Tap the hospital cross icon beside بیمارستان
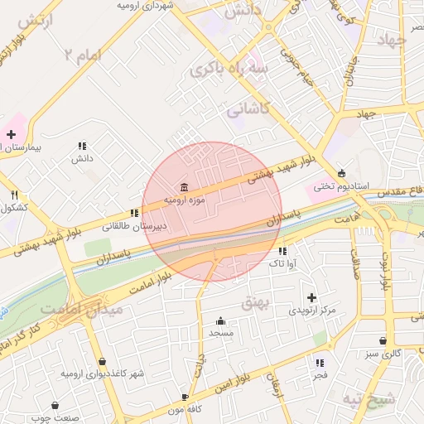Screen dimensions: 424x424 [11, 134]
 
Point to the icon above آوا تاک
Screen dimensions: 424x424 [283, 251]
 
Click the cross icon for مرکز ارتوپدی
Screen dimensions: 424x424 [311, 297]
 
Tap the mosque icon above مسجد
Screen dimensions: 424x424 [220, 321]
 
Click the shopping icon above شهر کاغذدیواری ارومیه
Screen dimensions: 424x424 [102, 362]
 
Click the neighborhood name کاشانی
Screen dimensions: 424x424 [248, 108]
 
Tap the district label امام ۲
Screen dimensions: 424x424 [83, 56]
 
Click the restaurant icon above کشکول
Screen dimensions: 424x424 [15, 195]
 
